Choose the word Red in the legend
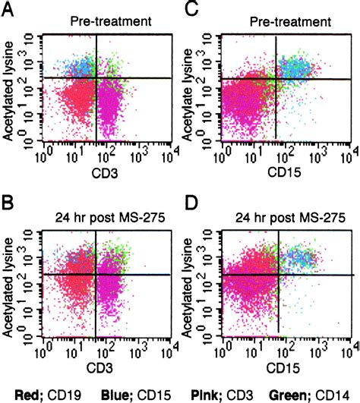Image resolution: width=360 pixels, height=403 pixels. [26, 393]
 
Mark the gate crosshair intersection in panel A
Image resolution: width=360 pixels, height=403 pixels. [96, 77]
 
